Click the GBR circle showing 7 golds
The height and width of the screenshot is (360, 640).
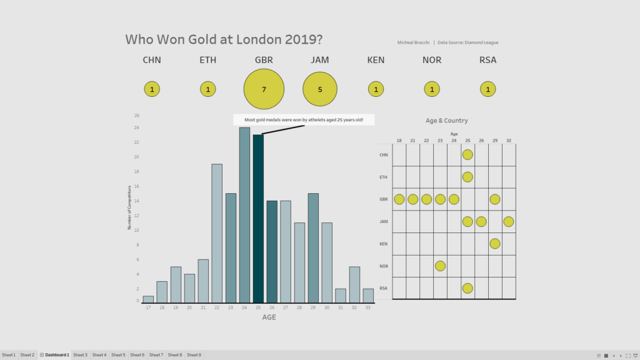(264, 89)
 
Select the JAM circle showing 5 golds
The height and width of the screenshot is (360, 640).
(320, 89)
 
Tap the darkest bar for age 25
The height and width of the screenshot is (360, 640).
(258, 218)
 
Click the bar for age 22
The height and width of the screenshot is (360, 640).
(217, 233)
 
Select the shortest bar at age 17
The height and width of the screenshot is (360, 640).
(148, 299)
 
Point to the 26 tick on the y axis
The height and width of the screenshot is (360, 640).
(137, 116)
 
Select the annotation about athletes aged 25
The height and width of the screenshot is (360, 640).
(304, 119)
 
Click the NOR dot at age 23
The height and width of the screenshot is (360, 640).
(440, 266)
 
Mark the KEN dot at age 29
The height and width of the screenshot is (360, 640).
(494, 243)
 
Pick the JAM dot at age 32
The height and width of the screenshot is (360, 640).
(508, 221)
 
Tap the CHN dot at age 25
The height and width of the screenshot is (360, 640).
(467, 154)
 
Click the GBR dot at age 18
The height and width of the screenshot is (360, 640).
(399, 199)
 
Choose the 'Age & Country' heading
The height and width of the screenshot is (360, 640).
(446, 121)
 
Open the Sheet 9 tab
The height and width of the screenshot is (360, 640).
(194, 355)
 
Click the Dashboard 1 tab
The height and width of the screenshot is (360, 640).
(56, 355)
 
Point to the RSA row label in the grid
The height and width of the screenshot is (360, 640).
(383, 289)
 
